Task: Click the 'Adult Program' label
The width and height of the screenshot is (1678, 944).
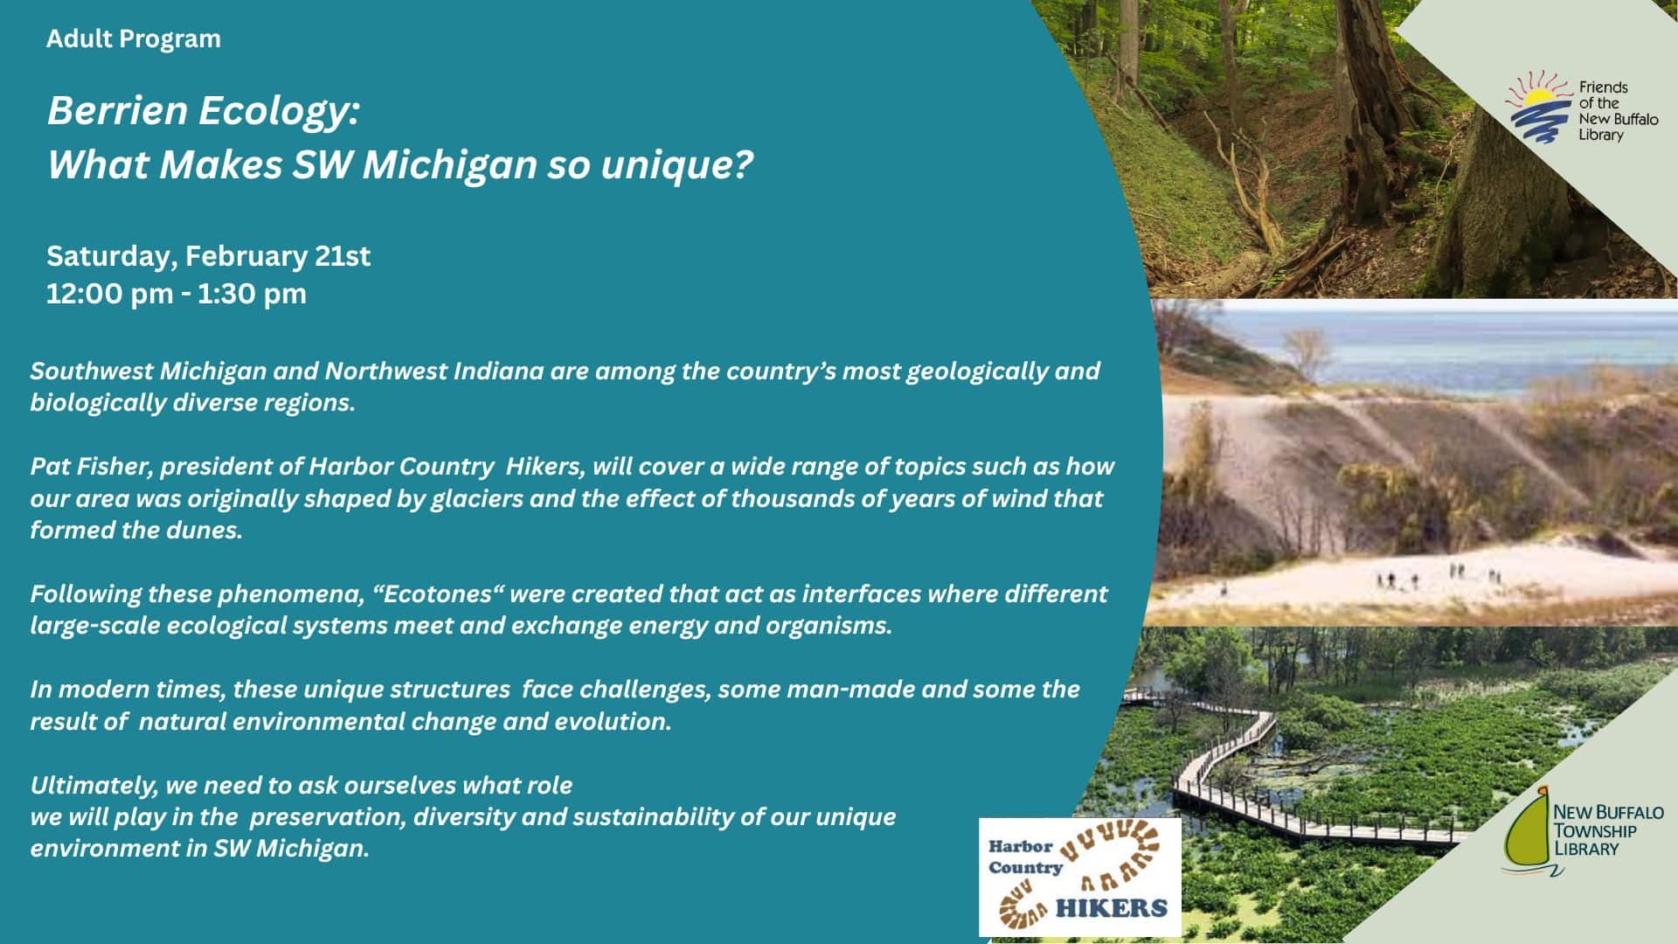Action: pyautogui.click(x=134, y=39)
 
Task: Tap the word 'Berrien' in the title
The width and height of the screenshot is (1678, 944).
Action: pyautogui.click(x=118, y=111)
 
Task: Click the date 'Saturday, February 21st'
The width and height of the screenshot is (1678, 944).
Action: pyautogui.click(x=208, y=256)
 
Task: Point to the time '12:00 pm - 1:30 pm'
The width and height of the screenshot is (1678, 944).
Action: pyautogui.click(x=177, y=294)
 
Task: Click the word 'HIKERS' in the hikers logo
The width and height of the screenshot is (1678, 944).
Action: pyautogui.click(x=1111, y=908)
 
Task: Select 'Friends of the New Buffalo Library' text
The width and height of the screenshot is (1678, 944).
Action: pyautogui.click(x=1618, y=111)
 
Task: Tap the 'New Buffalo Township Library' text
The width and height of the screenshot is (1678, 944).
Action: pyautogui.click(x=1608, y=829)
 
